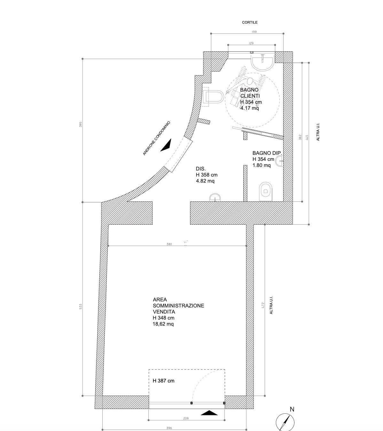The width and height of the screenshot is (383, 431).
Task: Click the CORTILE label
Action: point(250,22)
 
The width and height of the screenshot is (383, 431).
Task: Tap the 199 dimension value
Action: point(254,32)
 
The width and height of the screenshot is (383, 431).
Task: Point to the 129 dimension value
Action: point(251,43)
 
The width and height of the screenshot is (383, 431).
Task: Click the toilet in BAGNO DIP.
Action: point(266,191)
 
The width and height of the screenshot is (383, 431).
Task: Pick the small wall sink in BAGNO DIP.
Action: point(279,161)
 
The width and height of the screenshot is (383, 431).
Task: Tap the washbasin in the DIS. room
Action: point(215,197)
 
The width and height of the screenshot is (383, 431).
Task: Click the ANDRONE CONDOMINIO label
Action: point(156,138)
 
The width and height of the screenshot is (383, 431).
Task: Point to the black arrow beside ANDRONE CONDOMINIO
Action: point(167,145)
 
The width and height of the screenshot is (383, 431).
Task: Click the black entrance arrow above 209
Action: point(209,413)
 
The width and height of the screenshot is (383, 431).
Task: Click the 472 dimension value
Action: point(263,305)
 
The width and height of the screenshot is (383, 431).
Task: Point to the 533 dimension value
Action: point(81,306)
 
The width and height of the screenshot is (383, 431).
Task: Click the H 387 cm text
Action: point(163,381)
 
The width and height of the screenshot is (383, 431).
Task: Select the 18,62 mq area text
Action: point(163,324)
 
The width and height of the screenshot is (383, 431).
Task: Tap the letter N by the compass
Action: point(292,409)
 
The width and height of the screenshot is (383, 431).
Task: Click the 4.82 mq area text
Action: point(205,181)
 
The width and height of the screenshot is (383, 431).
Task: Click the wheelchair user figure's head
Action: point(250,81)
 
